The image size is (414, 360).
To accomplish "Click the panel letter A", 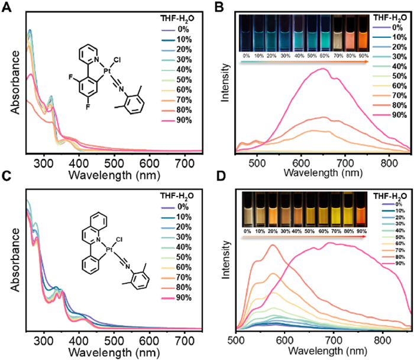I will coord(6,7).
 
